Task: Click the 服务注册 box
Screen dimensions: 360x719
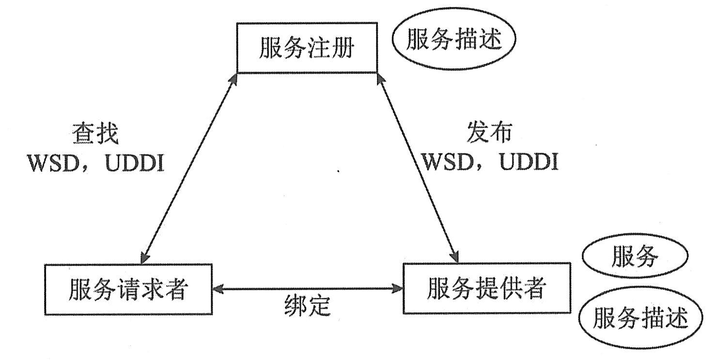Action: coord(307,47)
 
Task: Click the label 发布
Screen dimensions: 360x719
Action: coord(489,133)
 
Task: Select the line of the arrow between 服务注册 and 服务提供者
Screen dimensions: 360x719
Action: coord(418,165)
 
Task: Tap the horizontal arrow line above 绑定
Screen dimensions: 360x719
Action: coord(308,289)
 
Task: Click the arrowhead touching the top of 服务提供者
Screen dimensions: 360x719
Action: coord(455,256)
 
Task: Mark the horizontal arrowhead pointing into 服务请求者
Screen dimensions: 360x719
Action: coord(218,289)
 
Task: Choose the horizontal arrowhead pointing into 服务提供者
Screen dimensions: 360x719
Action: coord(398,289)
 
